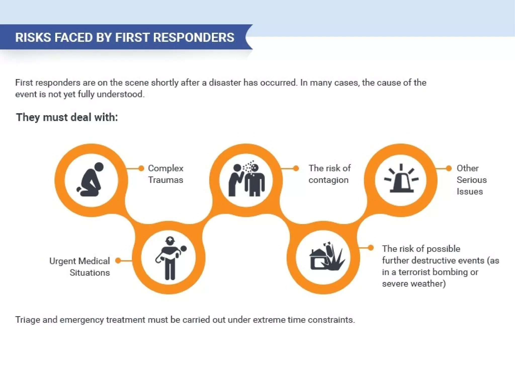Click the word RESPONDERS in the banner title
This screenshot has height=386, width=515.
193,37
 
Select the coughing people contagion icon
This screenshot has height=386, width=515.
246,179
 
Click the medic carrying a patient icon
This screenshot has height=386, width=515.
169,258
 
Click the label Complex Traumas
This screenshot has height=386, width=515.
165,174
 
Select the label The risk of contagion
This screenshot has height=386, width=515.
329,174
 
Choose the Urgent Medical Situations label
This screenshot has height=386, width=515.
80,267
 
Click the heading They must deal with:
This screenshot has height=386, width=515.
67,117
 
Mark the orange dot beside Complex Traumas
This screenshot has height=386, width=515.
141,168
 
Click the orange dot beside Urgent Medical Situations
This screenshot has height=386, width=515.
118,261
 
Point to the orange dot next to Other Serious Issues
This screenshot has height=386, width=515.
449,168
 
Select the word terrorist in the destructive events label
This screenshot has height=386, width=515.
413,272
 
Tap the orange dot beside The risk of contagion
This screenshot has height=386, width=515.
296,168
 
